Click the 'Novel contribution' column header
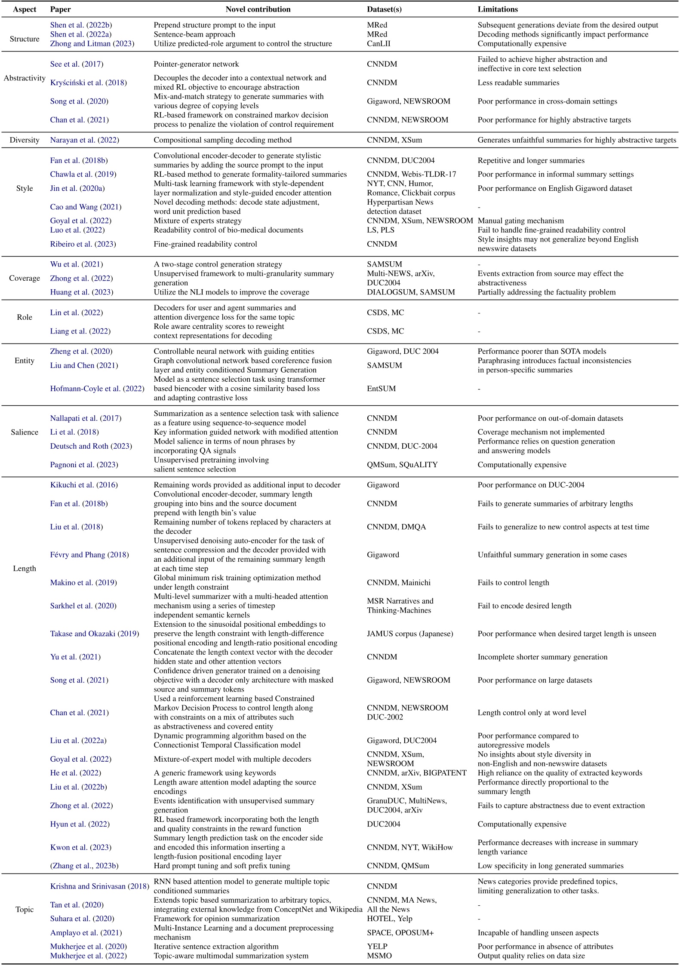(258, 9)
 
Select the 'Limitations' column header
(498, 9)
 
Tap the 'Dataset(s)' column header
(384, 9)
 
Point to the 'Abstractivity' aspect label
(25, 78)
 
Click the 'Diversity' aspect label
(25, 140)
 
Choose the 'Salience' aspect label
(25, 432)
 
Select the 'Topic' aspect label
(25, 909)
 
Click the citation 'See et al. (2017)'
(77, 64)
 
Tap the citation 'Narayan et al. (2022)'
(85, 140)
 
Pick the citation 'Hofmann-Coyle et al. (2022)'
(97, 389)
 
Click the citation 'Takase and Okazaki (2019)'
(95, 634)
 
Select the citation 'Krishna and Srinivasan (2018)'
(100, 886)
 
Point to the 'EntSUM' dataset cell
(382, 389)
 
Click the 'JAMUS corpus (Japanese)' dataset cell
(410, 634)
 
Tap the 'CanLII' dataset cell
(378, 43)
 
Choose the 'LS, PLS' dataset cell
(381, 230)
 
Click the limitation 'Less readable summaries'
(518, 83)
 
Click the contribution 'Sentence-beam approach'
(194, 34)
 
